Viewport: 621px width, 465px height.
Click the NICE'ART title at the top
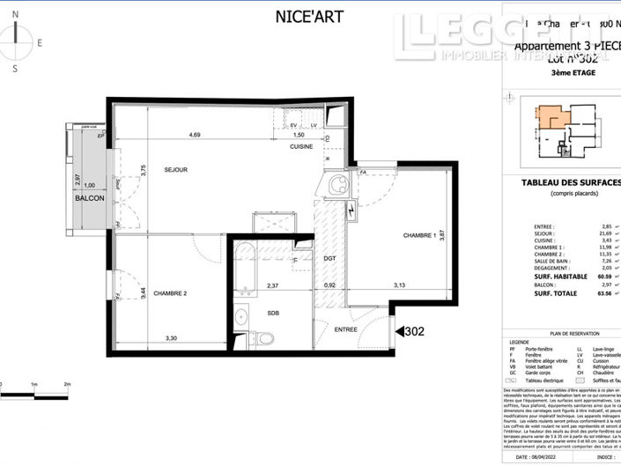tap(310, 16)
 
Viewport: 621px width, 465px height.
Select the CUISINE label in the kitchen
tap(303, 147)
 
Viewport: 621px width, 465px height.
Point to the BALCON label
tap(89, 198)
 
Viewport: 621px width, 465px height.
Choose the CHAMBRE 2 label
tap(172, 293)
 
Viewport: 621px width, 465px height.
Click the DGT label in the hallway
tap(330, 258)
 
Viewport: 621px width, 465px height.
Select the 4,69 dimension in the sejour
tap(194, 135)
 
